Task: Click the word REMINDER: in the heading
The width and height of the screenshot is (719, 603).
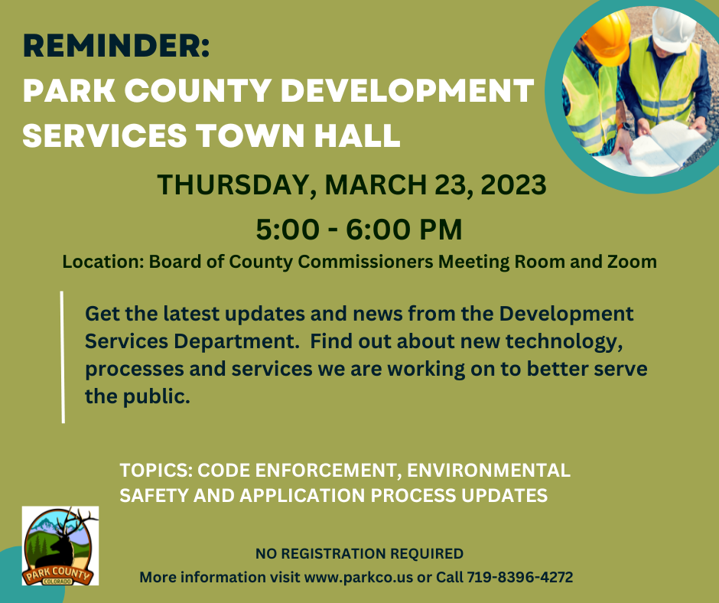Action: pyautogui.click(x=115, y=47)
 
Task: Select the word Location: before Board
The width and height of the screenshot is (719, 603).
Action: pyautogui.click(x=102, y=262)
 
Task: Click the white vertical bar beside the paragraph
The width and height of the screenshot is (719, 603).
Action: pyautogui.click(x=63, y=356)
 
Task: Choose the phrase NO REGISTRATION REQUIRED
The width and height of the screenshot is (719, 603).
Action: pyautogui.click(x=359, y=553)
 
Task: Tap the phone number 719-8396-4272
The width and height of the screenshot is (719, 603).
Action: pyautogui.click(x=520, y=577)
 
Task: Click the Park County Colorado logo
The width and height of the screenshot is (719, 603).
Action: pyautogui.click(x=60, y=546)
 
